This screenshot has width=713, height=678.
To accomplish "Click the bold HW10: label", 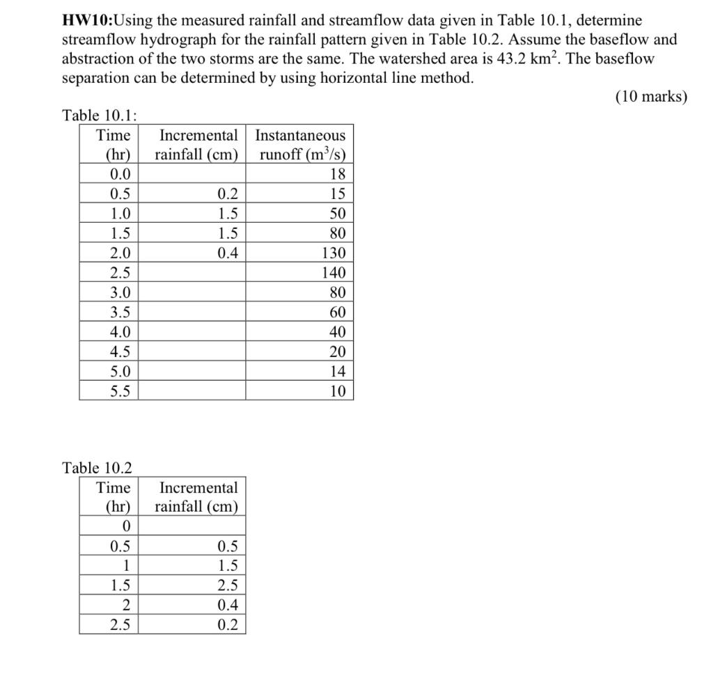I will [x=91, y=21].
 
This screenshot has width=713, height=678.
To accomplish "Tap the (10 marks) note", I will [x=651, y=97].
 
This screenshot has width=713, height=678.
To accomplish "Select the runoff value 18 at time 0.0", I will [x=338, y=175].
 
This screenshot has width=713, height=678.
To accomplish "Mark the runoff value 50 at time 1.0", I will [x=338, y=214].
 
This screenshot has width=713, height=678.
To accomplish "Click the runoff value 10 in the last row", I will [x=338, y=391].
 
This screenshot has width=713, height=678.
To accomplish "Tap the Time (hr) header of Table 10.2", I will [x=112, y=497].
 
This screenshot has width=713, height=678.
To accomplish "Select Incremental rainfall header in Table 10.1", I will [x=197, y=145].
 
